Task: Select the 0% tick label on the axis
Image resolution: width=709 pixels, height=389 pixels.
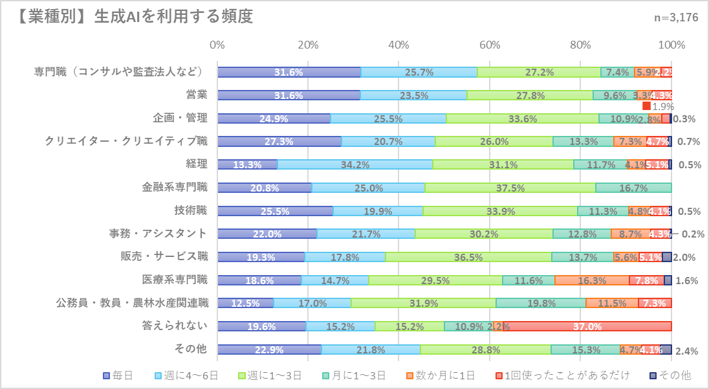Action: tap(218, 45)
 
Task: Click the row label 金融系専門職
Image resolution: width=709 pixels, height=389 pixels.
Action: tap(175, 188)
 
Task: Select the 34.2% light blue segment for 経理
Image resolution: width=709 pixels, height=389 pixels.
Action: tap(355, 164)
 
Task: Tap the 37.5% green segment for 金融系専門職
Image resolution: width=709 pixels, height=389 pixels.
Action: tap(510, 188)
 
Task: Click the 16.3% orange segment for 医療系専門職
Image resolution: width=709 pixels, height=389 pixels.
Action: tap(592, 280)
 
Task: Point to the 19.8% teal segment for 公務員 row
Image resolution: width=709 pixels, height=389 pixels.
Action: tap(541, 304)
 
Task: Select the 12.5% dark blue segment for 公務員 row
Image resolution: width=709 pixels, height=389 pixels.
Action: tap(246, 304)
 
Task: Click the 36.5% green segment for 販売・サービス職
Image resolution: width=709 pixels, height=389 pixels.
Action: tap(468, 257)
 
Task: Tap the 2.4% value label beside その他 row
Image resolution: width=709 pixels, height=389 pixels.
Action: tap(686, 351)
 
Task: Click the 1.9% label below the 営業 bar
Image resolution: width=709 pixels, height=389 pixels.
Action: tap(663, 106)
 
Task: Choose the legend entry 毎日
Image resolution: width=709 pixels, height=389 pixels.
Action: tap(118, 375)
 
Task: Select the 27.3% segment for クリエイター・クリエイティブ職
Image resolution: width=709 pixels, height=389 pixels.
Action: tap(279, 141)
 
